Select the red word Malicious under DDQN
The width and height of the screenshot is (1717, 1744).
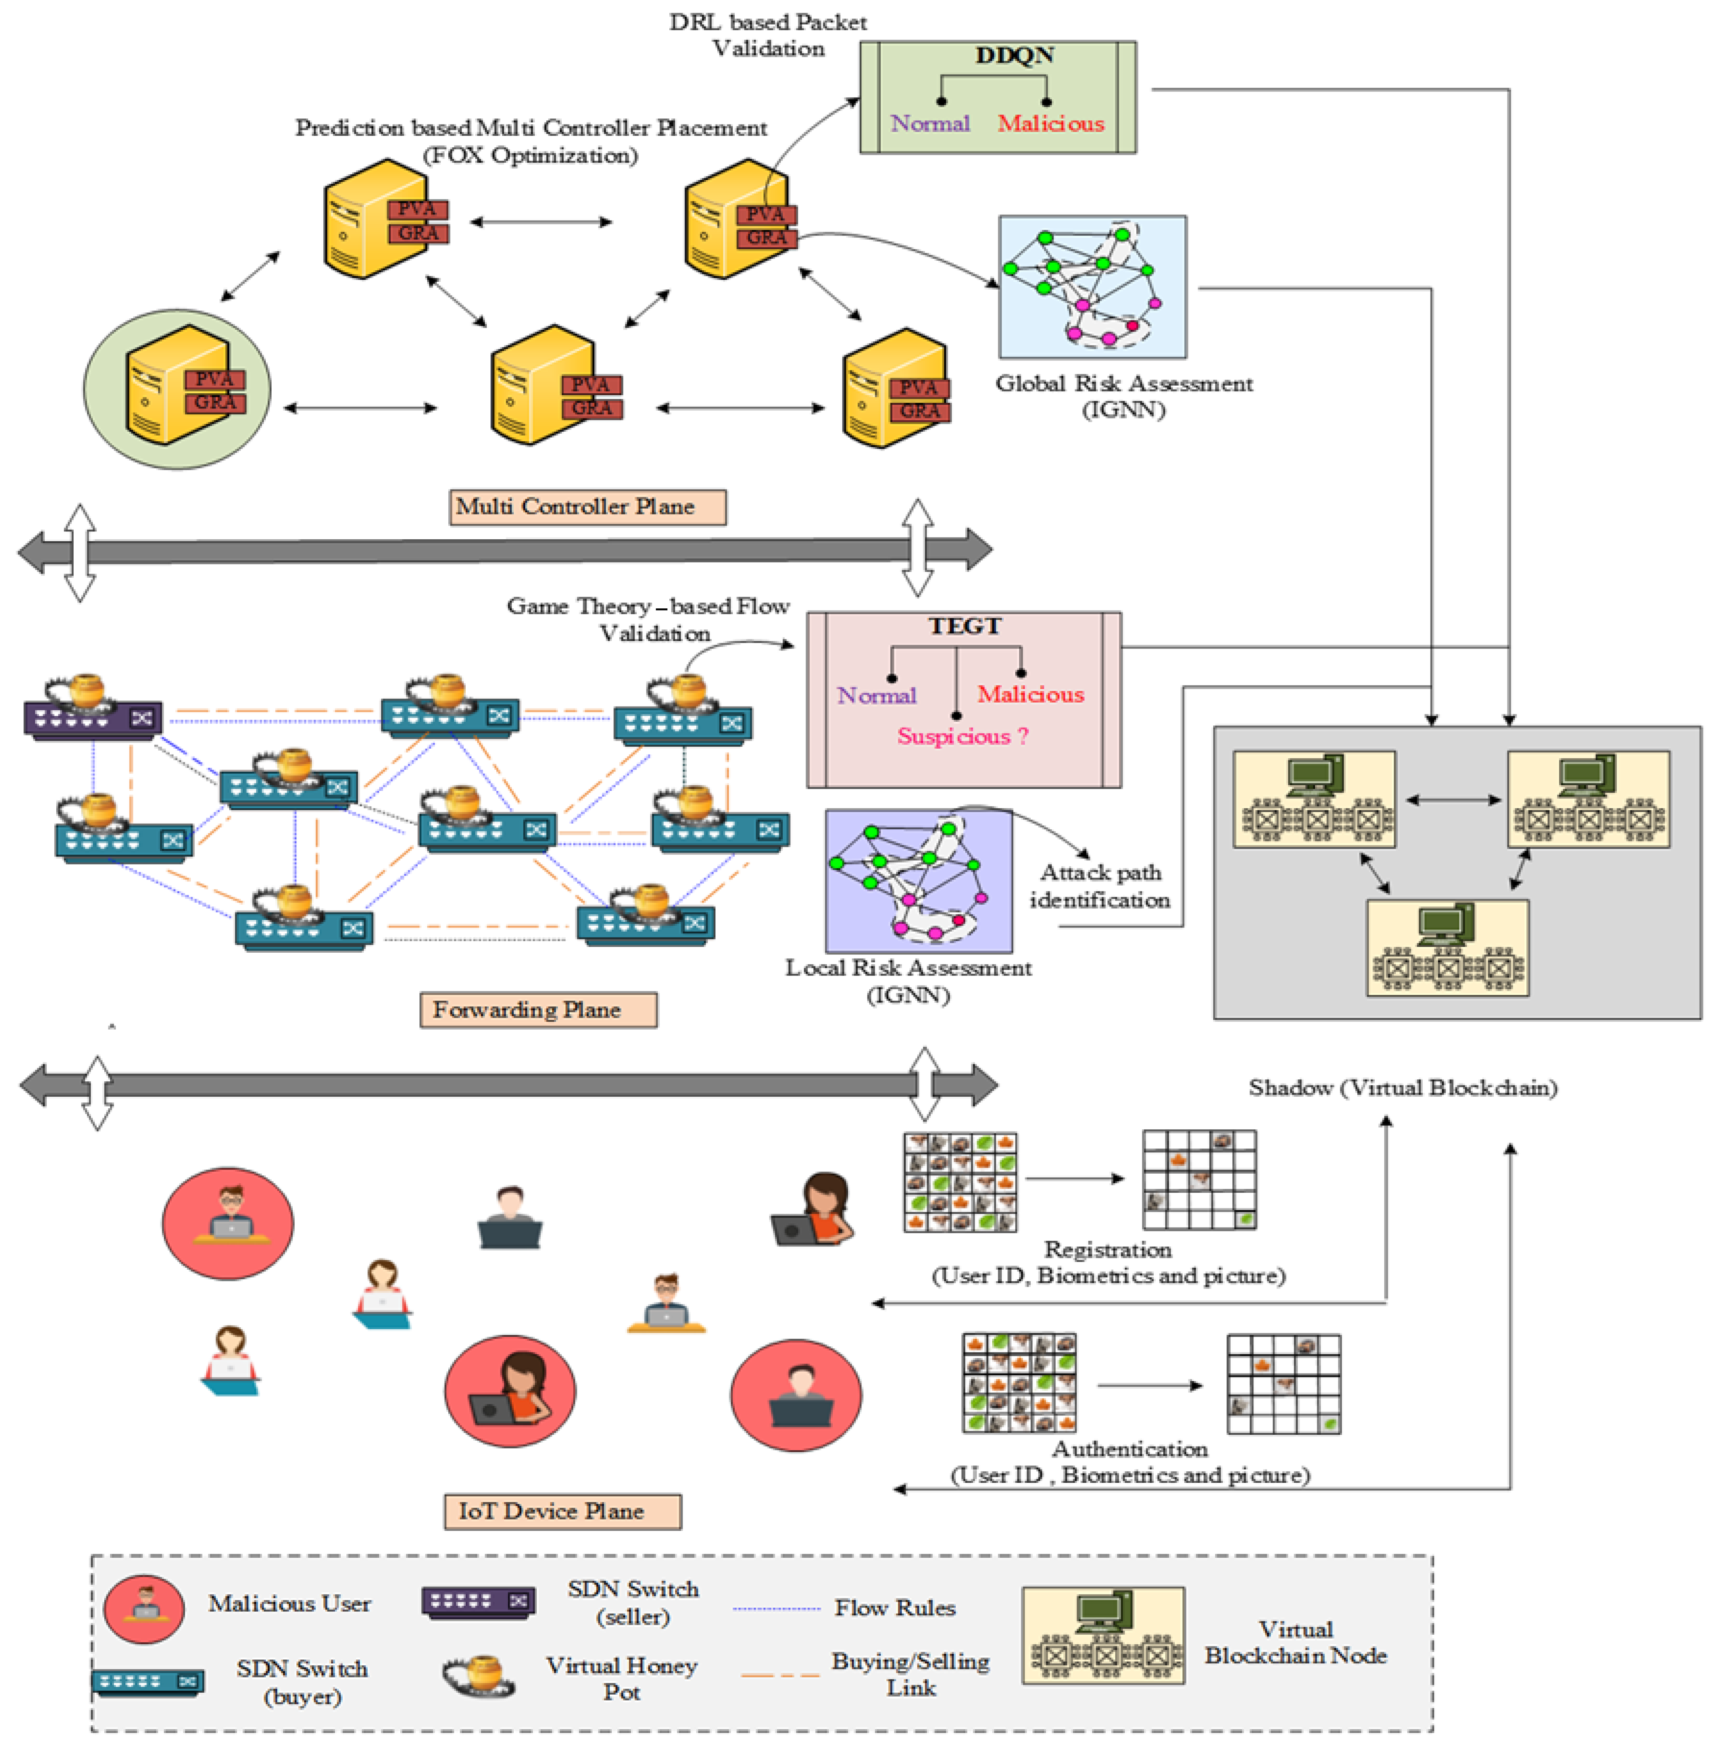1051,124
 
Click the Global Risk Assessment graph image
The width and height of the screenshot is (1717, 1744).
1092,287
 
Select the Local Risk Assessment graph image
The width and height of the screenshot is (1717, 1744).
918,880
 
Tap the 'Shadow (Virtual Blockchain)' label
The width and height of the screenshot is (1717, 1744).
1402,1088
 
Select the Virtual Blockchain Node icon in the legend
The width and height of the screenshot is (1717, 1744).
1103,1636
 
